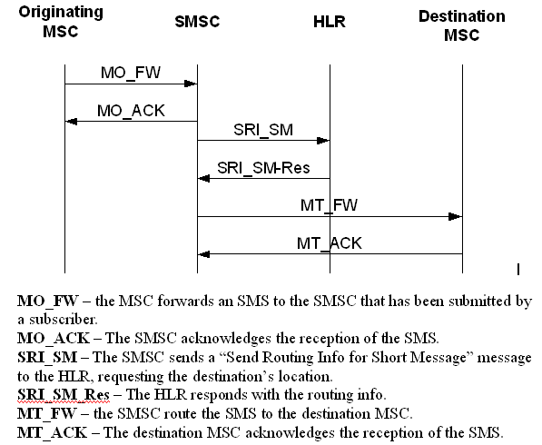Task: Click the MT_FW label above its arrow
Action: pyautogui.click(x=329, y=205)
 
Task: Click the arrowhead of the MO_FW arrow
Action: pyautogui.click(x=192, y=84)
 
